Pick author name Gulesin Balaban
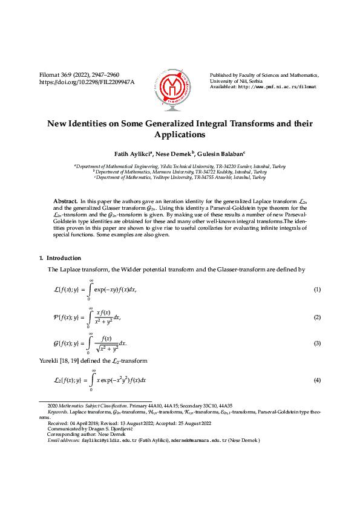tap(221, 154)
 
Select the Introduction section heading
tap(64, 258)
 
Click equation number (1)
tap(316, 290)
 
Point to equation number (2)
tap(316, 317)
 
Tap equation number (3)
tap(316, 343)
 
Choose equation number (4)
tap(316, 380)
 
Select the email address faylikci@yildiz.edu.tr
tap(113, 441)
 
